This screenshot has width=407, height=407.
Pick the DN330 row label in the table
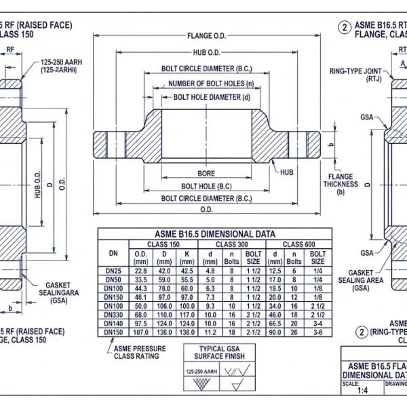[x=113, y=314]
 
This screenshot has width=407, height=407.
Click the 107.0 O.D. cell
[x=141, y=332]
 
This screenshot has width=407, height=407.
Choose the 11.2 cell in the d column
[x=211, y=332]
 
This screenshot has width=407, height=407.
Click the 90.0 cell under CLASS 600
[x=275, y=332]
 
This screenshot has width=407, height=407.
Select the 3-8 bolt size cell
[x=317, y=332]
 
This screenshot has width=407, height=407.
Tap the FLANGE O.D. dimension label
[x=206, y=35]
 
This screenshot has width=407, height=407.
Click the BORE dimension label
[x=206, y=173]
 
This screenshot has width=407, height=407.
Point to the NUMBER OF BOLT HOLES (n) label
[x=206, y=83]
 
